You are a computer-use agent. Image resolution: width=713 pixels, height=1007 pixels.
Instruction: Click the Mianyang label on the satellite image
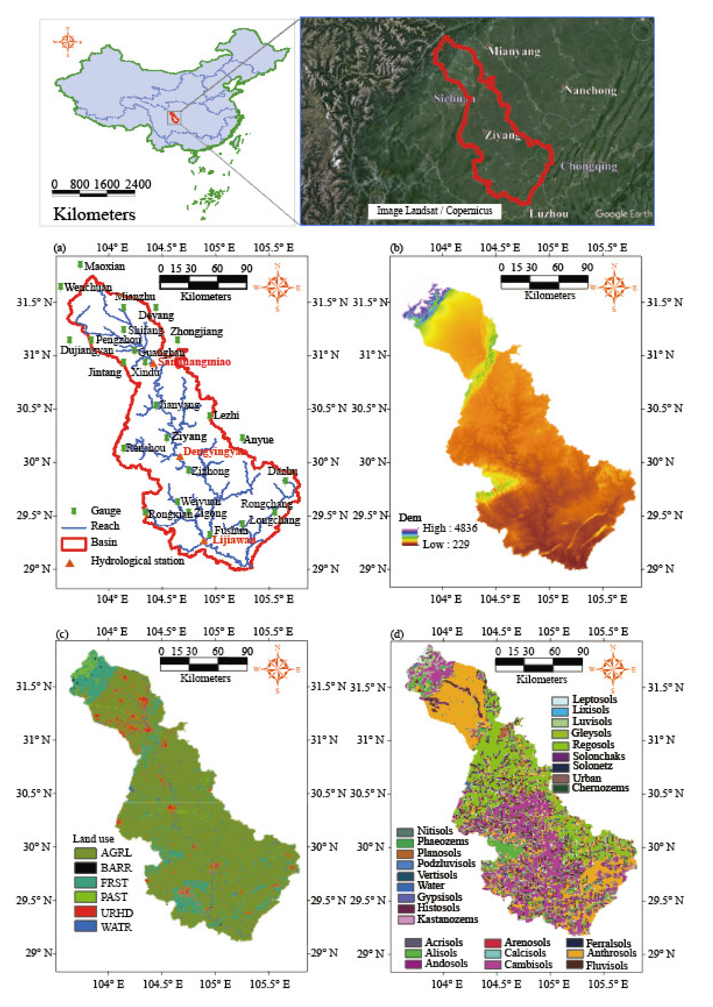[514, 52]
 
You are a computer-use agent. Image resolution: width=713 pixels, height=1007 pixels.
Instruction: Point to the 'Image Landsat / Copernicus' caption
[434, 211]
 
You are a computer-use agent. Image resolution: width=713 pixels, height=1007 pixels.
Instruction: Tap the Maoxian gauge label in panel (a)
[104, 266]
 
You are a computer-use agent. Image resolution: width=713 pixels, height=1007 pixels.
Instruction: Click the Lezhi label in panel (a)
[226, 415]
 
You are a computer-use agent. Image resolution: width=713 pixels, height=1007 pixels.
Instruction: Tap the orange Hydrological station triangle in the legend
[70, 563]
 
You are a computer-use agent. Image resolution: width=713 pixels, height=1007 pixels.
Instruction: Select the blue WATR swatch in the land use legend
[85, 926]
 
